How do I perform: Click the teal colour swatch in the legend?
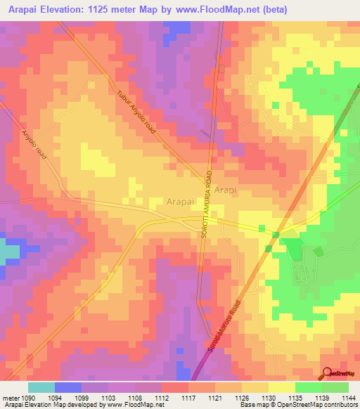click(41, 387)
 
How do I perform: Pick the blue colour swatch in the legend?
click(68, 387)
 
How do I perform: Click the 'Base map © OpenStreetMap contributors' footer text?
click(296, 405)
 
